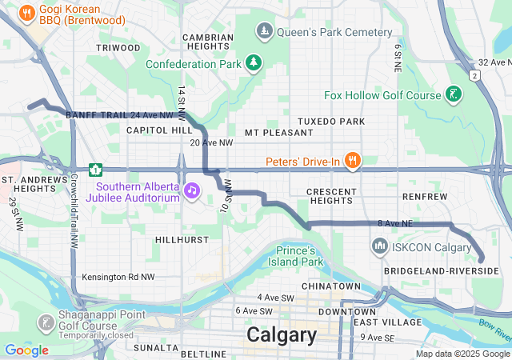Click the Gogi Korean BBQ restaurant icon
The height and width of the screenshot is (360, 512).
click(26, 12)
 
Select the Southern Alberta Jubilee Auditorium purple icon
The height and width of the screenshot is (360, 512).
click(192, 190)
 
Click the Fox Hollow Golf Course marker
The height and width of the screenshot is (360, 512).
click(454, 95)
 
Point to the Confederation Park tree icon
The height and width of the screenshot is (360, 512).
click(254, 63)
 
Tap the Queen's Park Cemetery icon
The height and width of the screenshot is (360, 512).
click(265, 32)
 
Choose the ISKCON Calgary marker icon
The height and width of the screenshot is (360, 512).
click(379, 246)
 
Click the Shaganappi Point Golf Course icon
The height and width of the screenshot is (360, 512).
click(46, 323)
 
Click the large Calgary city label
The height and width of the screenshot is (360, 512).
click(282, 334)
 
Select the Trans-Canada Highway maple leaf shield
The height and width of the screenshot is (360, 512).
click(95, 170)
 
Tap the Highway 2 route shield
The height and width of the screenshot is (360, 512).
click(474, 75)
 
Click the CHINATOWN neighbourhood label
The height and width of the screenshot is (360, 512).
click(331, 286)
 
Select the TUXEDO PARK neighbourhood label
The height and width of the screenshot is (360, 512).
click(331, 122)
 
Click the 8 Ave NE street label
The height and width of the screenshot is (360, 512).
click(394, 224)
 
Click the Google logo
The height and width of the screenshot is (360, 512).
click(26, 350)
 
